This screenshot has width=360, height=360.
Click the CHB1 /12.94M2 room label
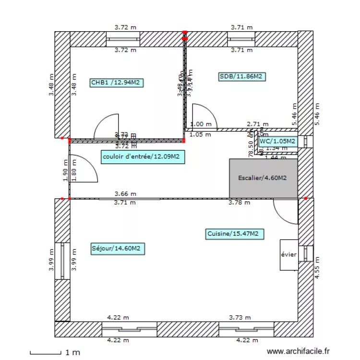(x=116, y=83)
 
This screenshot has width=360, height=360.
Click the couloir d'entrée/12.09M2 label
(x=143, y=156)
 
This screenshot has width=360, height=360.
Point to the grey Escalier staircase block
(x=264, y=178)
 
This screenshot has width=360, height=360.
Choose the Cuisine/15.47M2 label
(x=233, y=234)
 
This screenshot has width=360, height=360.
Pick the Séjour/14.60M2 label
(x=117, y=248)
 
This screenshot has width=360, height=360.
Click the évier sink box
(x=289, y=254)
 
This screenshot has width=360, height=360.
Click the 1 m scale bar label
(x=72, y=353)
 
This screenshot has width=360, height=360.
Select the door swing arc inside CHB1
(x=107, y=126)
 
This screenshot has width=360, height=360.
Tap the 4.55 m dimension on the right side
(x=317, y=267)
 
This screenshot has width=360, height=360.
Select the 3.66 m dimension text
(x=125, y=193)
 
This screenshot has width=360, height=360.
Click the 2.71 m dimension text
(x=256, y=124)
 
